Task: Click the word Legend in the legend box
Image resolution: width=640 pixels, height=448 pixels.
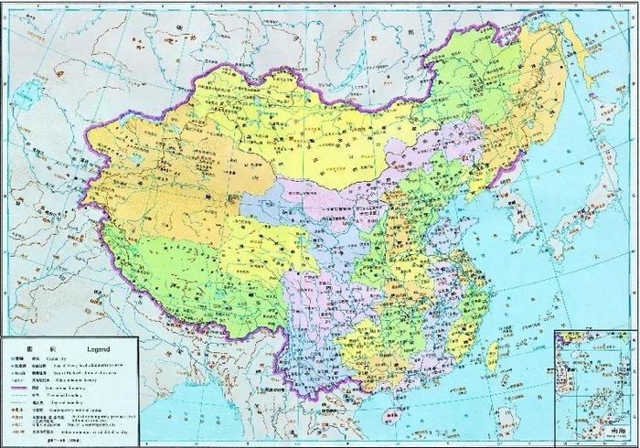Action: pyautogui.click(x=97, y=348)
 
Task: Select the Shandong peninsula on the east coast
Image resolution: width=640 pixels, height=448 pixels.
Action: pyautogui.click(x=473, y=224)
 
